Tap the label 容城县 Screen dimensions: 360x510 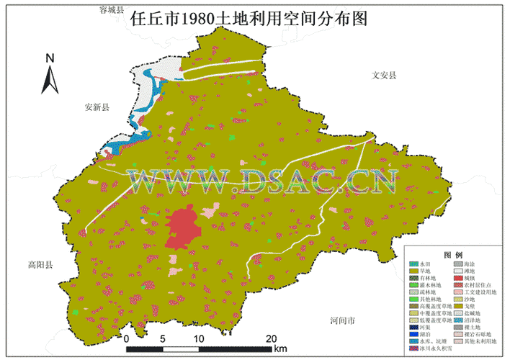click(112, 10)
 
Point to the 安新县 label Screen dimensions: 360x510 click(97, 107)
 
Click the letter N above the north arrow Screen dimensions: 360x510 click(50, 58)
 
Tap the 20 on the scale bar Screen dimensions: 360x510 click(272, 338)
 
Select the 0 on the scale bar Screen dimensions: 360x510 click(126, 338)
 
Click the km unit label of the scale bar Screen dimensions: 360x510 click(280, 349)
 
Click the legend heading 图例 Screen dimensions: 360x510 click(453, 256)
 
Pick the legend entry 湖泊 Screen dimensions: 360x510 click(424, 333)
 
